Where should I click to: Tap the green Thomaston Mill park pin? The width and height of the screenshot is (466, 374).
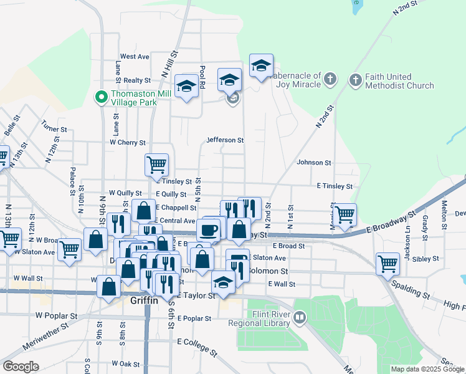[100, 97]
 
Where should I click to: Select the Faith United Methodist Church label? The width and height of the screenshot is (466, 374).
[399, 81]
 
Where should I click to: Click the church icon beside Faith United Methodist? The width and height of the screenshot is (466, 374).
[355, 80]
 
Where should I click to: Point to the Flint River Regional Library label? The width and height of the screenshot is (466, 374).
[269, 319]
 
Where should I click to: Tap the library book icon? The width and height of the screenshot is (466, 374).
[300, 319]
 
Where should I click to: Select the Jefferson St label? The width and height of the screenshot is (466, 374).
[225, 140]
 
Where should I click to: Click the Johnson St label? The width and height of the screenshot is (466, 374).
[314, 163]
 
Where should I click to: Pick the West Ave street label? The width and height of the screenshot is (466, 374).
[135, 56]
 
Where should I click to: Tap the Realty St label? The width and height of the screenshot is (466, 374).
[137, 80]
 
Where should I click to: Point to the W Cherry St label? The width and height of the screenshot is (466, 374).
[127, 143]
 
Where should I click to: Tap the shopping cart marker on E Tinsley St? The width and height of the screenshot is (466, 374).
[156, 165]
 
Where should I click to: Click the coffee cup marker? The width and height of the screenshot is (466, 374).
[208, 229]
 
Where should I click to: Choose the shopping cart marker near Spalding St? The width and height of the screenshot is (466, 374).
[388, 263]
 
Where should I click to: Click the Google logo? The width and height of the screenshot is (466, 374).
[21, 367]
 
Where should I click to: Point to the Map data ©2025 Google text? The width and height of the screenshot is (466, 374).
[427, 369]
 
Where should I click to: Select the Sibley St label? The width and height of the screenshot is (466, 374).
[444, 257]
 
